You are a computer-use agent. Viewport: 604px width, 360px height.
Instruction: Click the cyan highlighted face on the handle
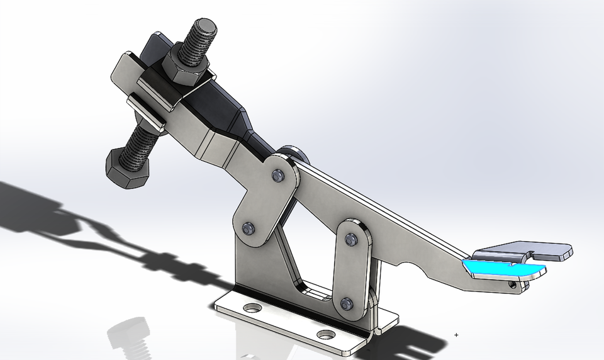click(x=503, y=269)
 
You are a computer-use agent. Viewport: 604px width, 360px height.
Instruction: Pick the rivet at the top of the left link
click(x=276, y=174)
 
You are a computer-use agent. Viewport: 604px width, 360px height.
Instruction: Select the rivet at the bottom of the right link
click(x=347, y=303)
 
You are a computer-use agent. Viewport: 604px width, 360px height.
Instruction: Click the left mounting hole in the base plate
click(x=252, y=308)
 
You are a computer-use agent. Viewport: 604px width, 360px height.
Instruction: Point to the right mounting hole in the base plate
click(x=325, y=334)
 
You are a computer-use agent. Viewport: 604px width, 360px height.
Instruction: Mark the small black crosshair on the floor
click(x=456, y=335)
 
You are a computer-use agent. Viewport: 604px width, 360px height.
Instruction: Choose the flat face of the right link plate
click(x=349, y=271)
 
